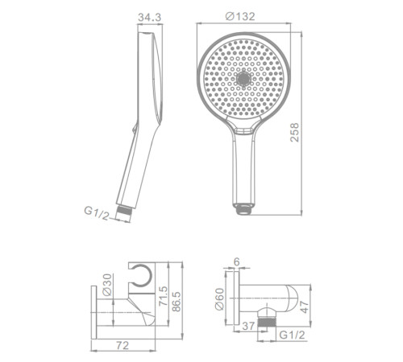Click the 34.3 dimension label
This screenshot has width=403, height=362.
pyautogui.click(x=150, y=18)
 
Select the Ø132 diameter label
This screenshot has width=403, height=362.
pyautogui.click(x=240, y=17)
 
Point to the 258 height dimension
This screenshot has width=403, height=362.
pyautogui.click(x=295, y=132)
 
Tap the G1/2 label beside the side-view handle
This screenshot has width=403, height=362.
pyautogui.click(x=97, y=213)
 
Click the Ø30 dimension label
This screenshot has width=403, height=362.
pyautogui.click(x=107, y=285)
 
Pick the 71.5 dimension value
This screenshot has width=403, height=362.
pyautogui.click(x=163, y=296)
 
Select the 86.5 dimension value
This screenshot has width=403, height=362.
pyautogui.click(x=177, y=302)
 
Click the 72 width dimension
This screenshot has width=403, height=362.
pyautogui.click(x=123, y=345)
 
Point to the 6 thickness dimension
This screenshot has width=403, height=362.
pyautogui.click(x=236, y=261)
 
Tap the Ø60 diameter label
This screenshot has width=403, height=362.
pyautogui.click(x=219, y=299)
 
